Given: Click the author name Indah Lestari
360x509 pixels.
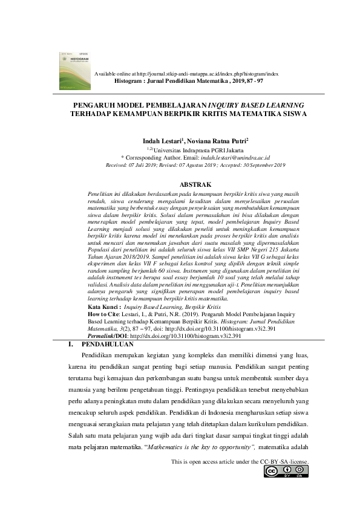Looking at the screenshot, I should (x=164, y=140).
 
